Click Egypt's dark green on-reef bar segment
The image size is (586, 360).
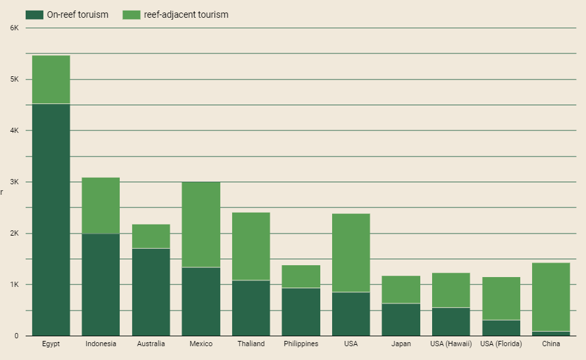[51, 220]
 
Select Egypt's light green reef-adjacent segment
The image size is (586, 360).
[51, 79]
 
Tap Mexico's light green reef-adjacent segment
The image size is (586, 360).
[201, 224]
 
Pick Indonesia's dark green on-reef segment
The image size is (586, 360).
[101, 284]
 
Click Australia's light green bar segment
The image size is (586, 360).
[151, 236]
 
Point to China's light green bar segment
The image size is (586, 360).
[551, 297]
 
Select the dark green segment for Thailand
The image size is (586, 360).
[251, 308]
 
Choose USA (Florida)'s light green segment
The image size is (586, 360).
[501, 298]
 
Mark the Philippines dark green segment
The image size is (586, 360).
[301, 311]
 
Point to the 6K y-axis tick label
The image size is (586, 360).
[14, 28]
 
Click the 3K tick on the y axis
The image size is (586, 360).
[14, 182]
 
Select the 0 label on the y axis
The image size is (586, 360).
[16, 336]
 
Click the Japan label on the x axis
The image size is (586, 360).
[401, 344]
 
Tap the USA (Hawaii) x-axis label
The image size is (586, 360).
[451, 344]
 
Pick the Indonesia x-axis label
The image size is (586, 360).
[101, 344]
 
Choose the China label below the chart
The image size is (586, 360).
[551, 344]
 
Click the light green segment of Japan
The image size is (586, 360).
[401, 290]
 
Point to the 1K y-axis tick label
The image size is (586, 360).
[14, 285]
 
